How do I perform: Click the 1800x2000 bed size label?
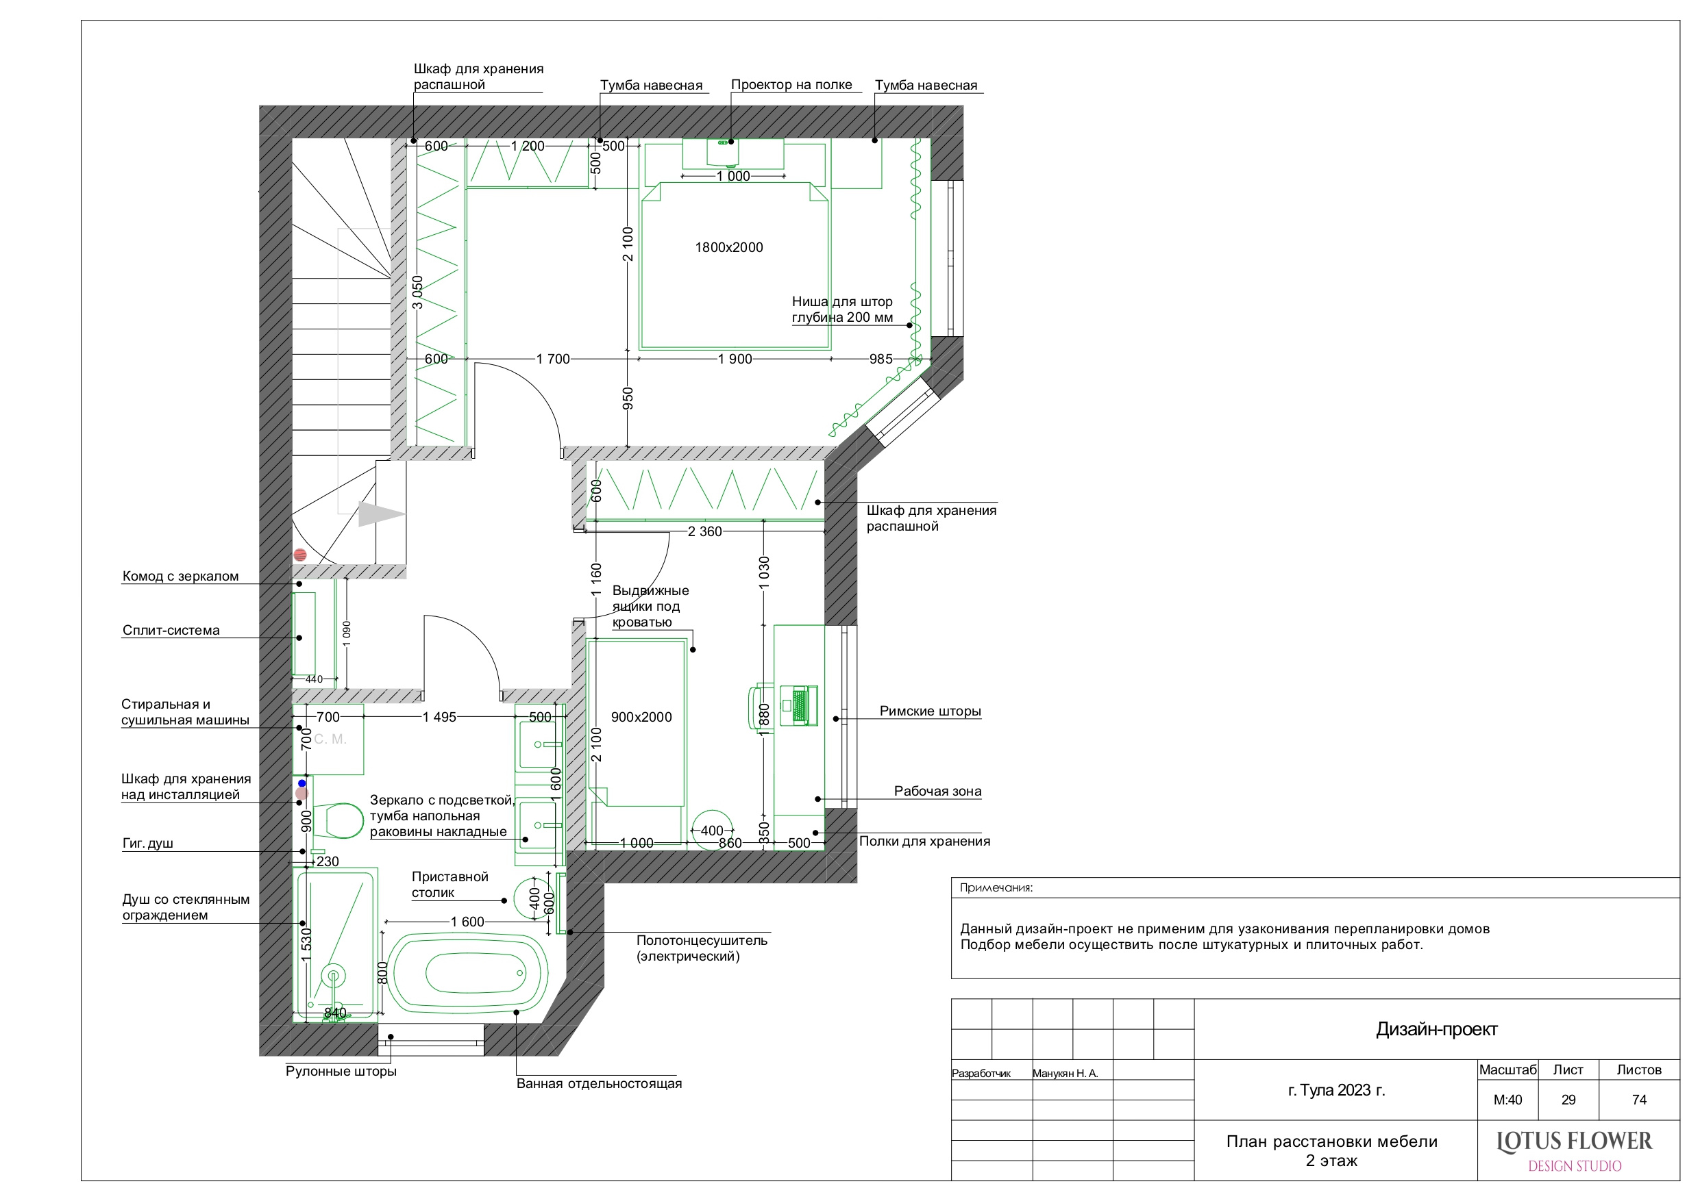(728, 248)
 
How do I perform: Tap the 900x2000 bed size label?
(641, 717)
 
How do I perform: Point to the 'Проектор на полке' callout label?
(791, 84)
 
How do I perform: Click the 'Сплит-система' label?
(171, 631)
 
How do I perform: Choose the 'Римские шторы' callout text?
(930, 711)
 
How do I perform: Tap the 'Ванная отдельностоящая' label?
(599, 1083)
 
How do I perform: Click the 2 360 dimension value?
(704, 531)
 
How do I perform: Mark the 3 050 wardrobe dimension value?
(417, 292)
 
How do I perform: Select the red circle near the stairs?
(300, 554)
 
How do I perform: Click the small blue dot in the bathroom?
(302, 783)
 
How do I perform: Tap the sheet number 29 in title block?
(1568, 1100)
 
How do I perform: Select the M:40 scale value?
(1507, 1100)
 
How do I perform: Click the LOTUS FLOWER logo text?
(1574, 1142)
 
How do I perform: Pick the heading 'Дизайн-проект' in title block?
(1436, 1029)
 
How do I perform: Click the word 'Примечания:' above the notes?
(996, 888)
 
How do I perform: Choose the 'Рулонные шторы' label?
(341, 1072)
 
